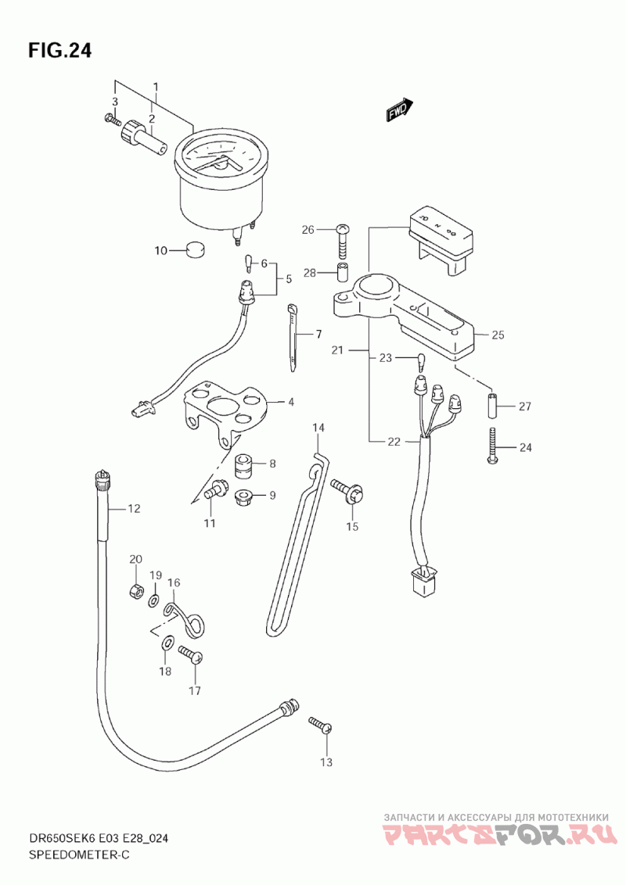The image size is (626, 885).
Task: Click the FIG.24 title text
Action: (60, 51)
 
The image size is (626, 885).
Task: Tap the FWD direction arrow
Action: (398, 111)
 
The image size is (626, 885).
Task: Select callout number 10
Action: (160, 251)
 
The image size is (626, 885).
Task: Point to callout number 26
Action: (308, 230)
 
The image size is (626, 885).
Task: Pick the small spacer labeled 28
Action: (342, 274)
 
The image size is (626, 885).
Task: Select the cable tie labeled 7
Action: (294, 335)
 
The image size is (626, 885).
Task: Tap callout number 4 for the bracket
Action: (290, 403)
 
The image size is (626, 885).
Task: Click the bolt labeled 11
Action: (212, 493)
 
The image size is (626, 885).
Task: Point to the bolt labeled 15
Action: (347, 491)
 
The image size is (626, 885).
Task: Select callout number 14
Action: (318, 428)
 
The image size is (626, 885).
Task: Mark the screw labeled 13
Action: (321, 725)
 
